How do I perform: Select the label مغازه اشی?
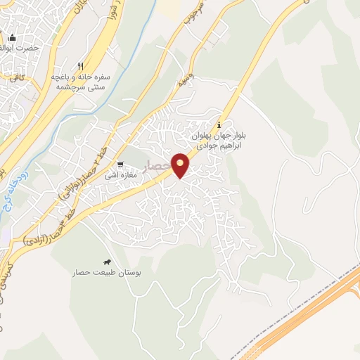point(121,174)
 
